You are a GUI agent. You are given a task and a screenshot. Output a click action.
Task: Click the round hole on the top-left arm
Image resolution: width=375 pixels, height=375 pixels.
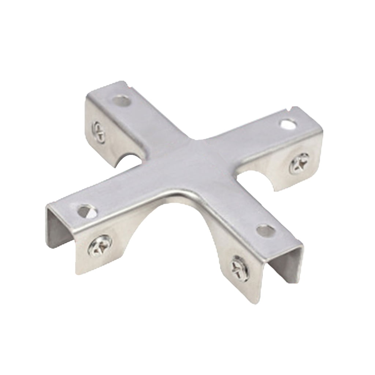tap(121, 100)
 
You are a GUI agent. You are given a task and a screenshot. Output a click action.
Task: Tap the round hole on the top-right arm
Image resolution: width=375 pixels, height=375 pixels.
tap(287, 124)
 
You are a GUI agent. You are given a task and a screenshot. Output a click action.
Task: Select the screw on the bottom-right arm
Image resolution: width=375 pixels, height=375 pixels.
tap(239, 268)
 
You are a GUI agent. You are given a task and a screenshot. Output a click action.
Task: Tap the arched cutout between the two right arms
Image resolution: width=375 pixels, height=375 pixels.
tap(256, 179)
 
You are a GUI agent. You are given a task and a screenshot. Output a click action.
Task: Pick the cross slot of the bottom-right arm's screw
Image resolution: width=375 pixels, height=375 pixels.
tap(239, 268)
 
